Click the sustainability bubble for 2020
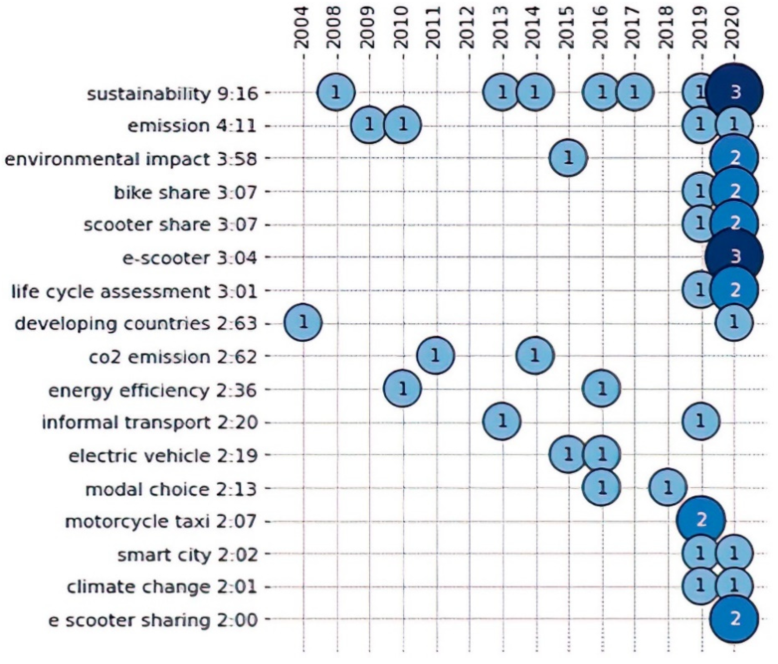point(734,92)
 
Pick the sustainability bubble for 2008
point(336,92)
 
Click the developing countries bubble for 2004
point(303,323)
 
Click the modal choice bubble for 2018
point(667,488)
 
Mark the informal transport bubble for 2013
point(502,422)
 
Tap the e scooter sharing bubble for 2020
point(734,619)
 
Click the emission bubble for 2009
point(369,125)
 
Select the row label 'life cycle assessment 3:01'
point(134,291)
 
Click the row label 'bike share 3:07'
point(185,192)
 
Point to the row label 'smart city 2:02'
point(187,554)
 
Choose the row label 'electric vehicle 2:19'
point(163,456)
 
